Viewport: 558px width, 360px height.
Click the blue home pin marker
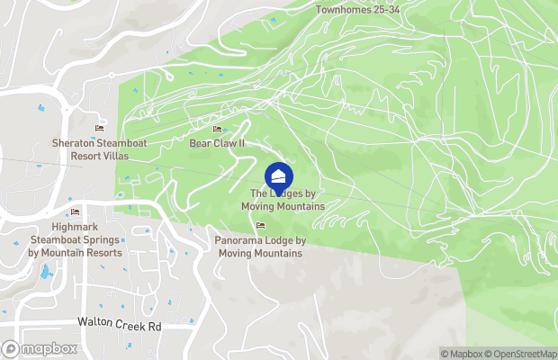coord(279,175)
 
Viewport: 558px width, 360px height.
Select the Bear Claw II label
coord(217,143)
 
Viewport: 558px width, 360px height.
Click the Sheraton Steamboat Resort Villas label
coord(99,149)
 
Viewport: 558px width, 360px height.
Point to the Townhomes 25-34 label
coord(356,10)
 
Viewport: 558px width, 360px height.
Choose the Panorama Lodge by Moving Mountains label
coord(260,247)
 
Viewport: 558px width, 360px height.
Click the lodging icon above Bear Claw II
coord(217,130)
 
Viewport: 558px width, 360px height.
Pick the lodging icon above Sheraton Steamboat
coord(99,130)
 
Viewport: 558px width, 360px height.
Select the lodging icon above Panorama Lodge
coord(260,226)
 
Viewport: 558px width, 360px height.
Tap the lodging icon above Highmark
coord(76,212)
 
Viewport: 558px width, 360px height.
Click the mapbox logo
coord(39,348)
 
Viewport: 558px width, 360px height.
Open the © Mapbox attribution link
coord(460,354)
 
